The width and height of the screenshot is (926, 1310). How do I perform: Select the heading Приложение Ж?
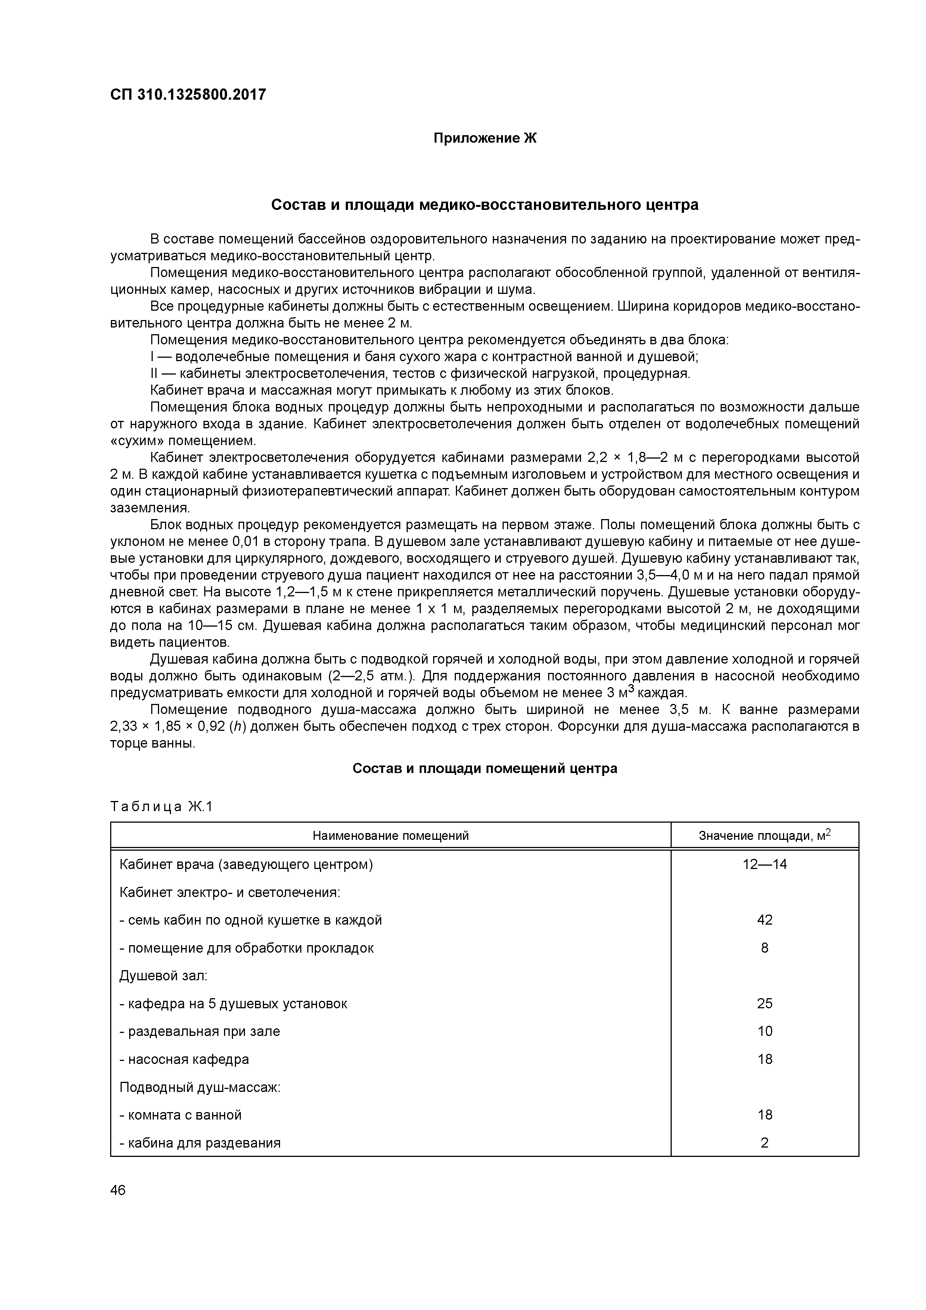tap(485, 139)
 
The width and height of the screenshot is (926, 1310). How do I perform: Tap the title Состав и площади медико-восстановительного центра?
tap(484, 205)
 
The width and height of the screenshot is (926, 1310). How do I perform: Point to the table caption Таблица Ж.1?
tap(161, 807)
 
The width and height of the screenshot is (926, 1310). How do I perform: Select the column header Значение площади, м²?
tap(765, 836)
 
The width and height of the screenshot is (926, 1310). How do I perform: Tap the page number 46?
tap(118, 1190)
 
